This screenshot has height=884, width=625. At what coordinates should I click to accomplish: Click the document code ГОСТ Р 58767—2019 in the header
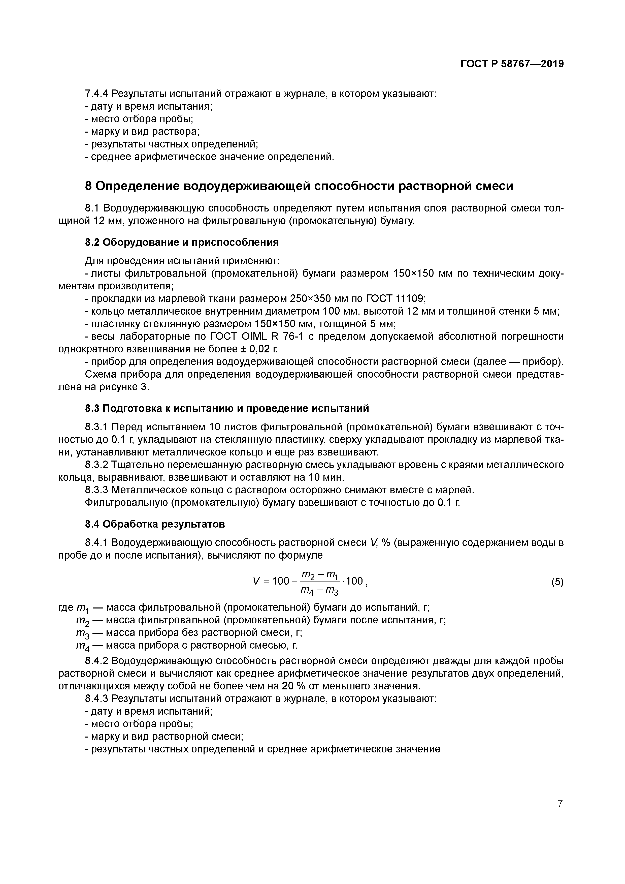click(512, 64)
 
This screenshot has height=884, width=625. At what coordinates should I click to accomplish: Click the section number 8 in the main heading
click(88, 186)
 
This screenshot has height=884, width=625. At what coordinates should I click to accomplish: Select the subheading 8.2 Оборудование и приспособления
click(182, 242)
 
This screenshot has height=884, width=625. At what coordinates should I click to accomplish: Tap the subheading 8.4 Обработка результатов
click(155, 524)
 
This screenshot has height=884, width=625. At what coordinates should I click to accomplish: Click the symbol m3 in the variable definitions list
click(83, 633)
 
